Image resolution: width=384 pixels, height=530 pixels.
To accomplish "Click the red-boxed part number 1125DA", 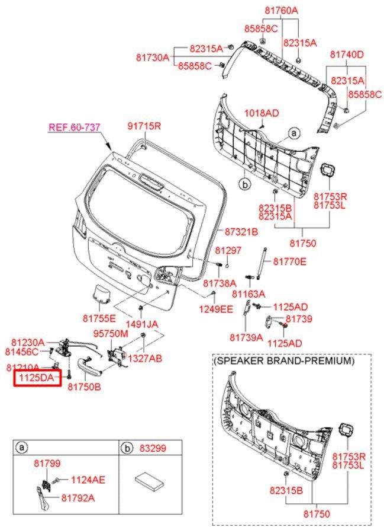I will (37, 377).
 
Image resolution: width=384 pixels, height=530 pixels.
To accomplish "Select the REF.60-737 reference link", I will (75, 126).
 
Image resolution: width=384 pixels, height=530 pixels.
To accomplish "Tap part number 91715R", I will (144, 126).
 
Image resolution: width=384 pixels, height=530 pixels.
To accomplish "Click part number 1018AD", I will (262, 113).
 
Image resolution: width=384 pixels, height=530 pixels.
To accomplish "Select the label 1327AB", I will (144, 358).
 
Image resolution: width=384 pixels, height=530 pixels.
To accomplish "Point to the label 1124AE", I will (88, 480).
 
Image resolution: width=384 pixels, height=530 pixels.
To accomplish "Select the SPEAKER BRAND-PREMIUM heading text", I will (284, 360).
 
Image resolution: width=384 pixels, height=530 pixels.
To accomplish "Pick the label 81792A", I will (78, 498).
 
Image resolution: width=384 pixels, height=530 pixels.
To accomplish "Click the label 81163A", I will (249, 293).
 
